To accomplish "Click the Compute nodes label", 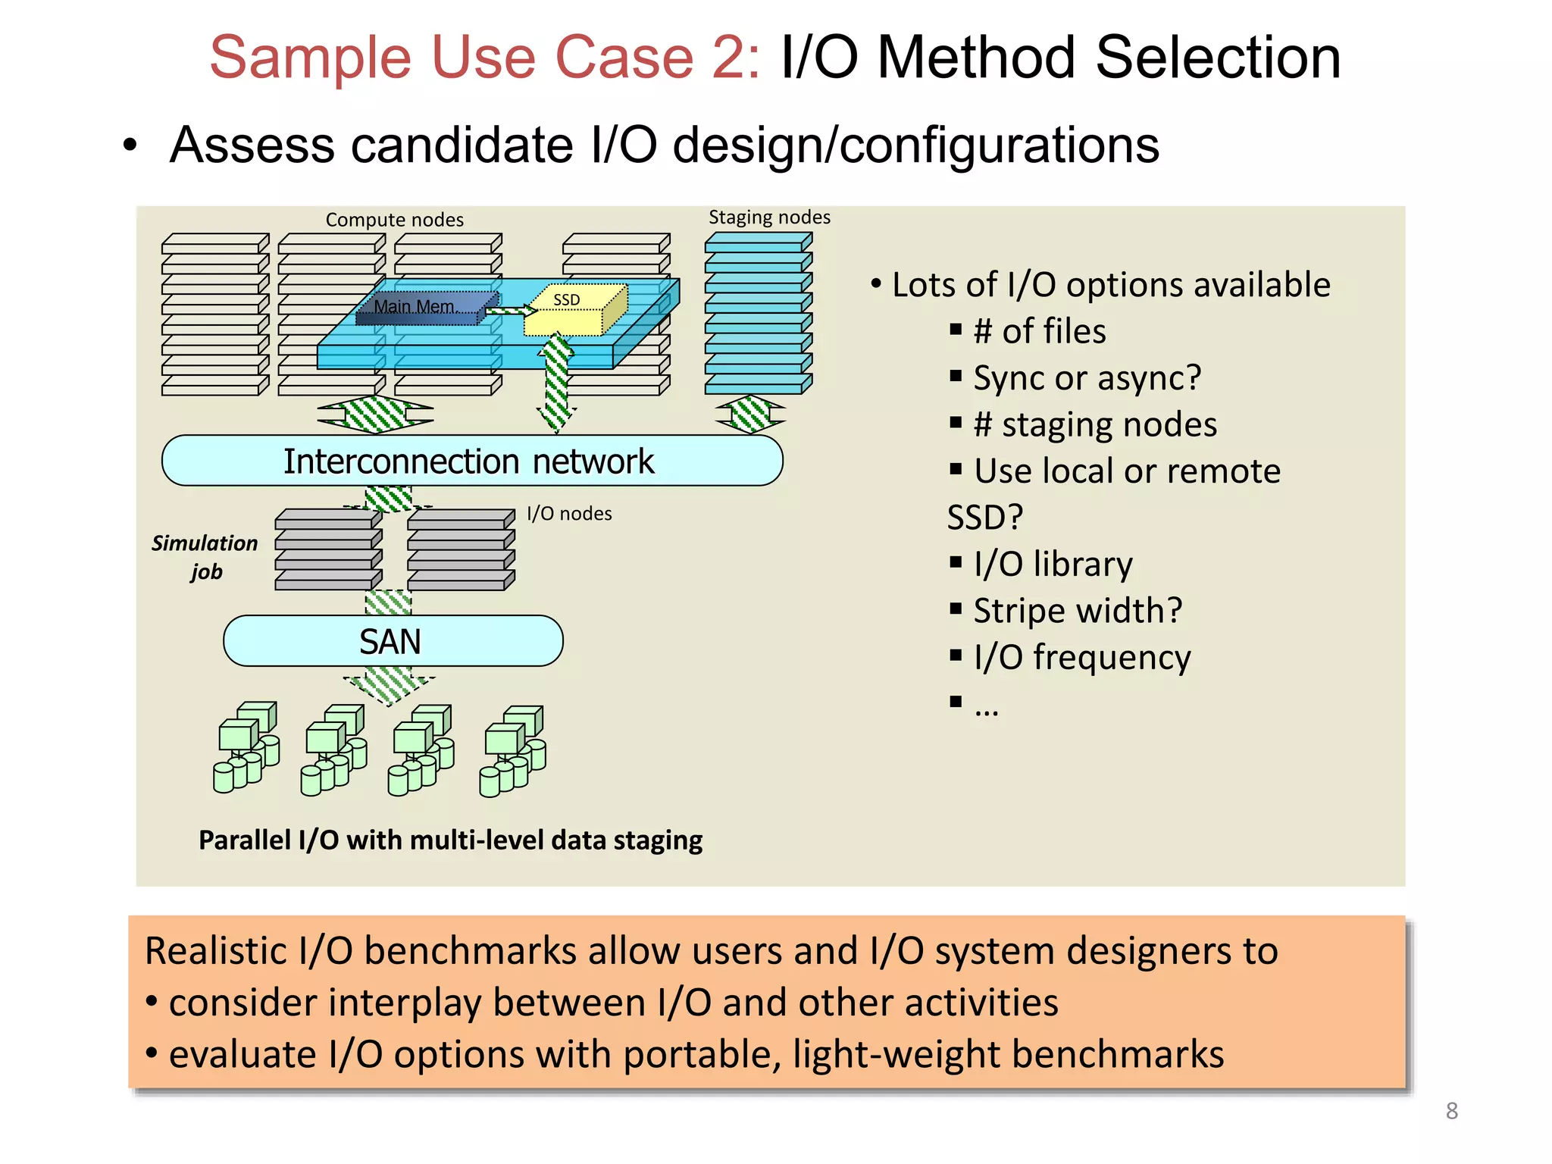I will [x=394, y=220].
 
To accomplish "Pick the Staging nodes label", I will [x=768, y=217].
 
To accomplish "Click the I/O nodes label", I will [x=568, y=514].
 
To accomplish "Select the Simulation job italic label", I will [x=205, y=557].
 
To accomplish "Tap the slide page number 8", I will [x=1451, y=1111].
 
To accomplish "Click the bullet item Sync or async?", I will [x=1086, y=377].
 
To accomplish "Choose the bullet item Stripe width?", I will [x=1077, y=610].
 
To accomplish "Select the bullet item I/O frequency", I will [x=1081, y=657].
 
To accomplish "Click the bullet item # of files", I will [x=1039, y=331].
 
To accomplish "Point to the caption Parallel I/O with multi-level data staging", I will [x=450, y=840].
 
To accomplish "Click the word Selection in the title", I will [x=1218, y=58].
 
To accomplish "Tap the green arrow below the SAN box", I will [x=389, y=684].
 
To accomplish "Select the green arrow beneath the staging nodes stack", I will [x=751, y=415].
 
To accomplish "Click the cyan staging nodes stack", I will [x=757, y=314].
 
